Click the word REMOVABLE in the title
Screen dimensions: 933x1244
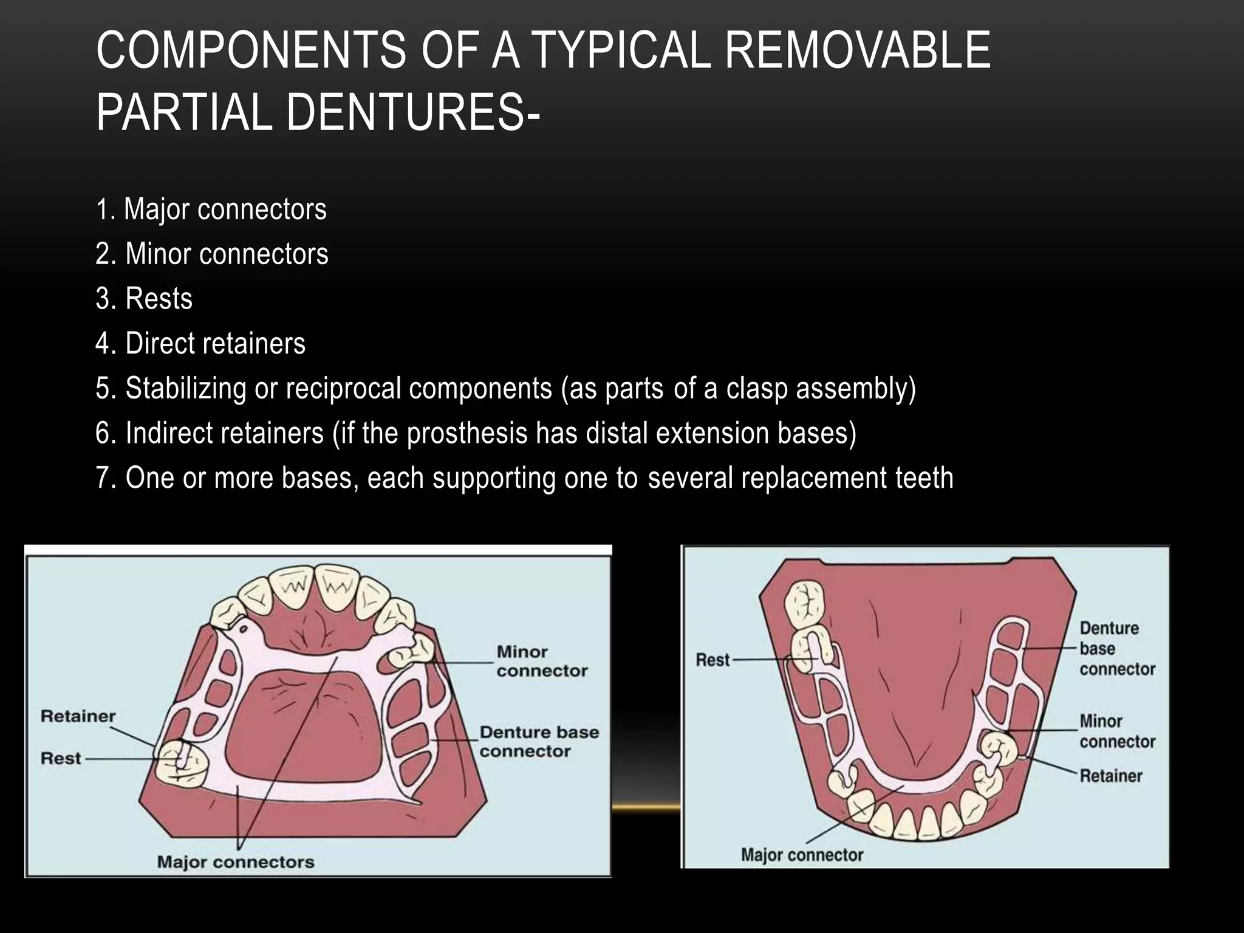[x=858, y=50]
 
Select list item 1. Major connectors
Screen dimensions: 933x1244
[x=211, y=209]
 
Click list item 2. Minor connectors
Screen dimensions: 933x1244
[x=211, y=254]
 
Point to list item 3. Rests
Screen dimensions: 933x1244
[x=144, y=299]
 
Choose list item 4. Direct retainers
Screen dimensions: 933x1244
[x=200, y=344]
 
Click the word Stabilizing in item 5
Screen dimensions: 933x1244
[x=185, y=388]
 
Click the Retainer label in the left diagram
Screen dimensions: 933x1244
[x=78, y=716]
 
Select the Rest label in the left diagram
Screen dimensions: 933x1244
[x=61, y=759]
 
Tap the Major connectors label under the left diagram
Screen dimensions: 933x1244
[x=236, y=862]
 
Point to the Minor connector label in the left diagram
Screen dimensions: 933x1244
[x=542, y=661]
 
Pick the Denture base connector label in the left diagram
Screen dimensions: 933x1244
[x=539, y=742]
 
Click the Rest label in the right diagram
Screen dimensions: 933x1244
[x=713, y=660]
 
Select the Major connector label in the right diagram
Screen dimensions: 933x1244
[x=802, y=855]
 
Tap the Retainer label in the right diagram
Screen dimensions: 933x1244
[x=1110, y=776]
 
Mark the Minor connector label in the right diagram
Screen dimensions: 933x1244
[x=1117, y=731]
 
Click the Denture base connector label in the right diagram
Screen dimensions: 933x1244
[x=1117, y=649]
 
